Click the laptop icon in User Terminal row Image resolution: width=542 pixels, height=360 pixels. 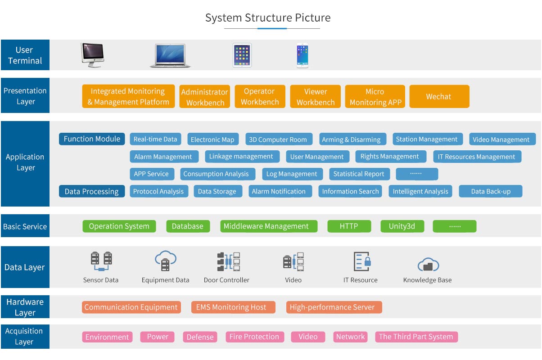click(x=170, y=55)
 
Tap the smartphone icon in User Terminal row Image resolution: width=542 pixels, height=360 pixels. click(x=303, y=55)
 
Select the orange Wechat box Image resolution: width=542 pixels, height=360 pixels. click(x=439, y=97)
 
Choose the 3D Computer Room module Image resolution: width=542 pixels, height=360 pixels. click(x=278, y=139)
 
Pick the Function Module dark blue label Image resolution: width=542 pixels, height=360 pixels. click(x=92, y=139)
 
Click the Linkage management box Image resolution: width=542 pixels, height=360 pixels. click(x=241, y=157)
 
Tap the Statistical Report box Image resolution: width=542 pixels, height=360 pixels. click(x=358, y=174)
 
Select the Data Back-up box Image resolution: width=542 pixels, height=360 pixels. click(x=491, y=191)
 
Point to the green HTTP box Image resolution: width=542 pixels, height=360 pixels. click(x=349, y=226)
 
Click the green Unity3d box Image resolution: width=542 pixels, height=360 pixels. click(x=402, y=226)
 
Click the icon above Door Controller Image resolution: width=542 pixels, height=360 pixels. click(x=228, y=261)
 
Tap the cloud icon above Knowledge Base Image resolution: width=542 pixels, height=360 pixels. click(x=428, y=265)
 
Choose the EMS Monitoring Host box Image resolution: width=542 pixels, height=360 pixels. click(x=231, y=307)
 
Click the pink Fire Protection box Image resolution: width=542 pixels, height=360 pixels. click(x=254, y=337)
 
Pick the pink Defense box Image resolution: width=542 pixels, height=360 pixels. click(x=200, y=337)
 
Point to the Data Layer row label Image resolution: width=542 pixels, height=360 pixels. click(x=25, y=267)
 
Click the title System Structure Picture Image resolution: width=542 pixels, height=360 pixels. click(x=268, y=18)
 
